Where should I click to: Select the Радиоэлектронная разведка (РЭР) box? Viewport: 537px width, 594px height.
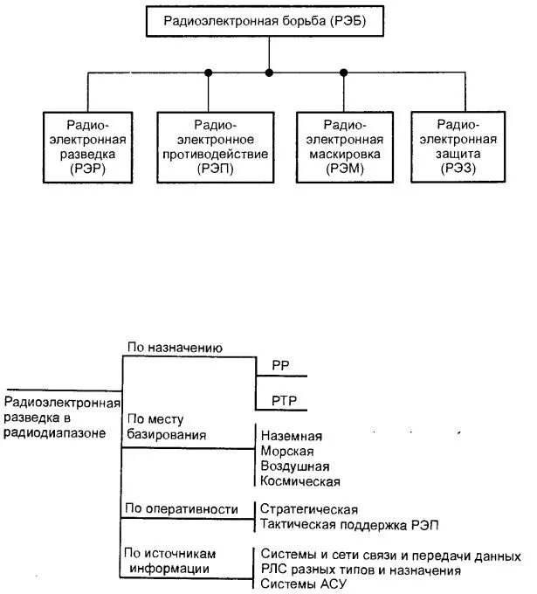pyautogui.click(x=88, y=147)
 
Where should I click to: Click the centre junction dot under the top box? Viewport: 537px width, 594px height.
pyautogui.click(x=269, y=72)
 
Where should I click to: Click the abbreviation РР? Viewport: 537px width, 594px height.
pyautogui.click(x=281, y=367)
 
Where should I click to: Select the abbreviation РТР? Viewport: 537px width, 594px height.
pyautogui.click(x=284, y=401)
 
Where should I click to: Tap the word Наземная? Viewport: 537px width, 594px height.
pyautogui.click(x=291, y=436)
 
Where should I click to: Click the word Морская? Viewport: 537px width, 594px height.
pyautogui.click(x=286, y=451)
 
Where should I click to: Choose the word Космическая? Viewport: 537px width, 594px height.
pyautogui.click(x=299, y=480)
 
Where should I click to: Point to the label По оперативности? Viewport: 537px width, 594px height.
pyautogui.click(x=182, y=508)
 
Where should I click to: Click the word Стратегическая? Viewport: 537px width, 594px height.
pyautogui.click(x=309, y=509)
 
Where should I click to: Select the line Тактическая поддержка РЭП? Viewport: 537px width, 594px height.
pyautogui.click(x=348, y=524)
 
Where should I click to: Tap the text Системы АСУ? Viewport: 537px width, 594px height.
pyautogui.click(x=298, y=584)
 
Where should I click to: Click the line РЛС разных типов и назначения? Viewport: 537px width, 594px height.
pyautogui.click(x=360, y=570)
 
